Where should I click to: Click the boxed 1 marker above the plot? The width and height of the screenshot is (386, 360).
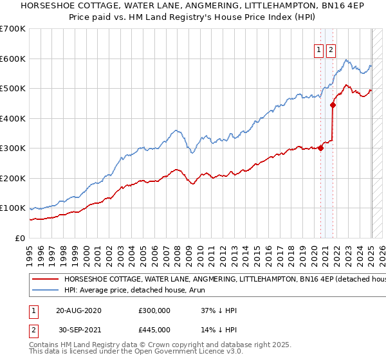coord(318,50)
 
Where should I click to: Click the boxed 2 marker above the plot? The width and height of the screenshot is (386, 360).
coord(331,50)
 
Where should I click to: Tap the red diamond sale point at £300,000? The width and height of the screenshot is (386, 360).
coord(320,148)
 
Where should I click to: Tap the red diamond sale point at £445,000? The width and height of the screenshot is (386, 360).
coord(333,105)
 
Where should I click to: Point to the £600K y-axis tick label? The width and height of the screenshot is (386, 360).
coord(13,59)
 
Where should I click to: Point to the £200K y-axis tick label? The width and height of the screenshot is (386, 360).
coord(13,178)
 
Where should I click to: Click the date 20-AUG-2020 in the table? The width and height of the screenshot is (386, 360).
coord(78,310)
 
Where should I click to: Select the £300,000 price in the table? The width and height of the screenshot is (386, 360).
coord(154,310)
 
